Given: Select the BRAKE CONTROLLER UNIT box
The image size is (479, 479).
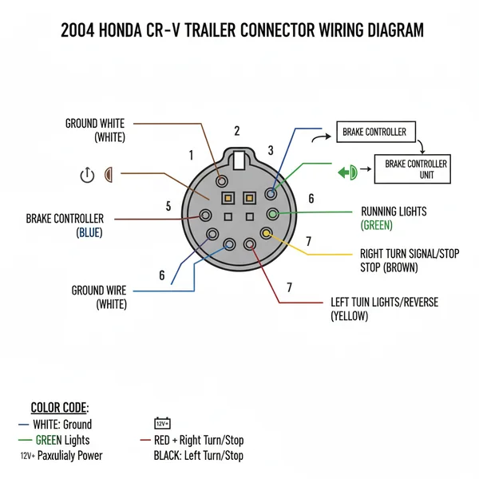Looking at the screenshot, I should [x=416, y=168].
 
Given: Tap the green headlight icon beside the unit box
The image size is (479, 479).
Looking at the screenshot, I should [x=346, y=171].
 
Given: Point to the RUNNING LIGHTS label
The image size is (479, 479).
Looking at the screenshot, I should [x=394, y=212].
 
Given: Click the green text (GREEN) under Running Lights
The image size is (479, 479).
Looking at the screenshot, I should [x=377, y=225].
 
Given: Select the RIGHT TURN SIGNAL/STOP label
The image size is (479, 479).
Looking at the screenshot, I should [x=410, y=254].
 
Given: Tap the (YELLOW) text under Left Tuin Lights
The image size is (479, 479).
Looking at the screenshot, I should [x=350, y=316].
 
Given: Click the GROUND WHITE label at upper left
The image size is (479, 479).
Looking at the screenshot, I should [x=94, y=124].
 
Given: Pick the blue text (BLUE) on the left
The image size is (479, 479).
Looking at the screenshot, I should [x=89, y=232].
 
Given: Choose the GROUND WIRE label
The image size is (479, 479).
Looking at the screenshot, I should [x=98, y=291].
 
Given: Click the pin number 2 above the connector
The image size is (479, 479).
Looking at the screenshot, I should [x=237, y=132].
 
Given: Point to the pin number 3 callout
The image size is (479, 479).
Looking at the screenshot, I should [x=271, y=150].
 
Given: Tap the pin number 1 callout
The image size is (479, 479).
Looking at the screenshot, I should [x=191, y=155].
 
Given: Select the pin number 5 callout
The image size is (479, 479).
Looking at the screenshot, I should [x=168, y=206].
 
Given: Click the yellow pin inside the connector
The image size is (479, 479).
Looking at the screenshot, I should [x=266, y=234].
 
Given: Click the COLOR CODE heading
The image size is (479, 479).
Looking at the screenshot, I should [x=60, y=407].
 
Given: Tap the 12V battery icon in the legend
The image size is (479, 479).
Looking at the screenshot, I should [x=162, y=423].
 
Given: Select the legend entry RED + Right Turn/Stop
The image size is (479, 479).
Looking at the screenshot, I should [x=192, y=440].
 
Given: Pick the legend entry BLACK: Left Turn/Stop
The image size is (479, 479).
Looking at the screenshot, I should [x=199, y=456].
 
